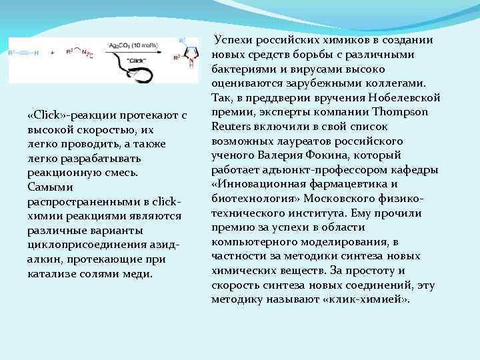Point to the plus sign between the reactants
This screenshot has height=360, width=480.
pyautogui.click(x=53, y=51)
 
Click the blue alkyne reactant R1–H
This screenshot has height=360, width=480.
pyautogui.click(x=24, y=51)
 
